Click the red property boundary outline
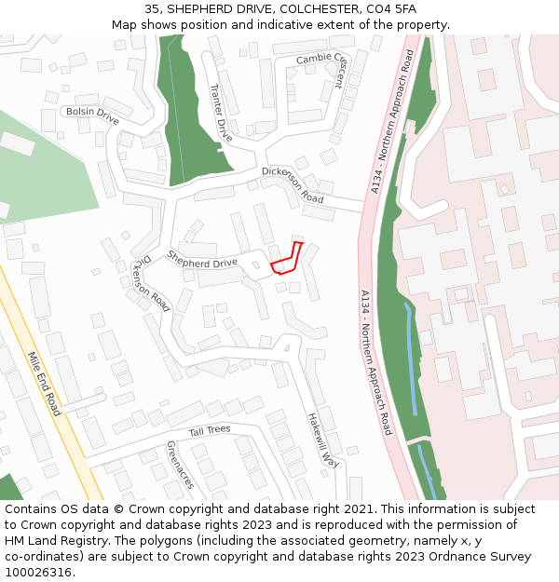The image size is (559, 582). (286, 260)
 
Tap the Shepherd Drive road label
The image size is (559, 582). (202, 259)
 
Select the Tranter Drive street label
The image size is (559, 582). (221, 111)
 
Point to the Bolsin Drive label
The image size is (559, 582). (90, 115)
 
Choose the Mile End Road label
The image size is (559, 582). (43, 383)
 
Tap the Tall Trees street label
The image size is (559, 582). (210, 430)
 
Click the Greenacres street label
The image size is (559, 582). (180, 465)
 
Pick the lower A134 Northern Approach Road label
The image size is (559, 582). (376, 362)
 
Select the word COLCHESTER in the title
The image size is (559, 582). (298, 9)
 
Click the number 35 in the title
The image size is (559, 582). (152, 9)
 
